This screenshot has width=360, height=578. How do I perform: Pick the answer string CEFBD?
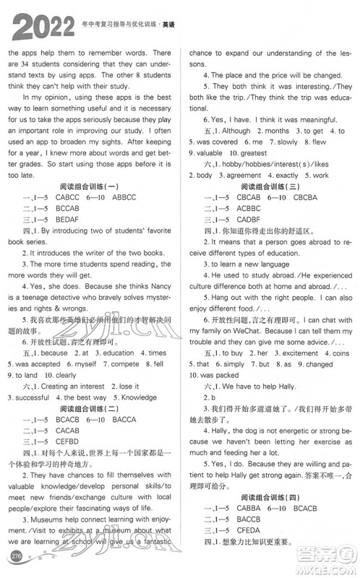click(69, 441)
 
